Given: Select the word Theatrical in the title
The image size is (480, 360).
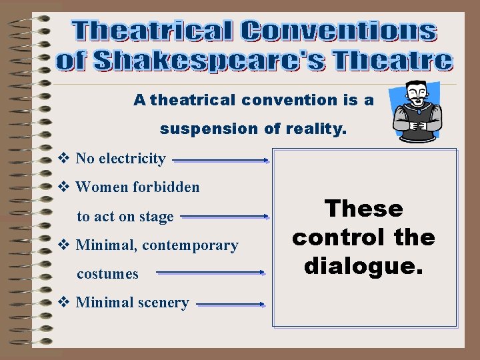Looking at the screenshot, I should [x=153, y=31].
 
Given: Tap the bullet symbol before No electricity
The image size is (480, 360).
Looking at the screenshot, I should [x=65, y=159].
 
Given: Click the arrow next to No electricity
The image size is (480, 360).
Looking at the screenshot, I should [x=221, y=160].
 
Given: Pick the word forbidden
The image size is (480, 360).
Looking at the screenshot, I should [x=167, y=187].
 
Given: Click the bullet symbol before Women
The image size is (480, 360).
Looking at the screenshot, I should [x=65, y=187].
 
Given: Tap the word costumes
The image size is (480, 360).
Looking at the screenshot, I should [x=108, y=274].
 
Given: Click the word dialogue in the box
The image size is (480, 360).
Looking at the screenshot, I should [x=363, y=267].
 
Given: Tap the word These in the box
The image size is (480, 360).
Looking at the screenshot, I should [x=364, y=209].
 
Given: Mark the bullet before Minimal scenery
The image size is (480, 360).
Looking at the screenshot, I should [x=65, y=303].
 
